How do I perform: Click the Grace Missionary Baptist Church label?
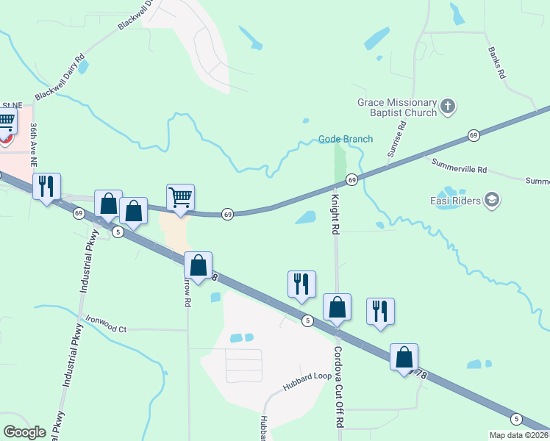click(x=397, y=109)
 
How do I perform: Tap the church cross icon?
click(x=449, y=109)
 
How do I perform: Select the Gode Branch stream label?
click(x=346, y=139)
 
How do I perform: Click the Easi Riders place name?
click(x=455, y=201)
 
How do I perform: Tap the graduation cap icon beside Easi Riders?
click(x=492, y=200)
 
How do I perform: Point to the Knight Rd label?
click(x=335, y=214)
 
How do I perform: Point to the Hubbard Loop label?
click(x=308, y=386)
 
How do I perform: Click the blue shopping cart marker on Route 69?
click(x=180, y=198)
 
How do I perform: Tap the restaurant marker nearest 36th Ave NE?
click(x=46, y=187)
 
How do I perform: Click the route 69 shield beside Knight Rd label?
click(x=352, y=180)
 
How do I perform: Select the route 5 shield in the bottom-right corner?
click(x=517, y=418)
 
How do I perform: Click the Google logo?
click(x=24, y=432)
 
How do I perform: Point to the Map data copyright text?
click(x=519, y=435)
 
